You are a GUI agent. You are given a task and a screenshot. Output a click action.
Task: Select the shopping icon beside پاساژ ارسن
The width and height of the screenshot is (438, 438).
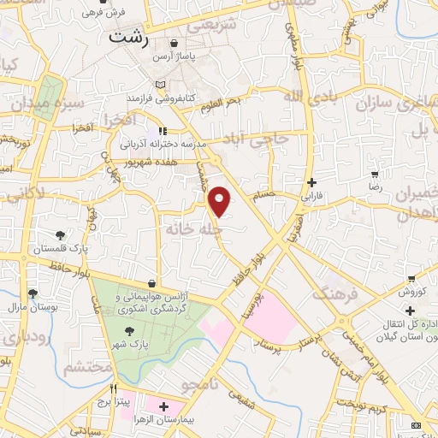tap(174, 43)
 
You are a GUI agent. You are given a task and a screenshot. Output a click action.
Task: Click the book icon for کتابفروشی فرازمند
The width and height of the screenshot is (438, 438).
tap(160, 86)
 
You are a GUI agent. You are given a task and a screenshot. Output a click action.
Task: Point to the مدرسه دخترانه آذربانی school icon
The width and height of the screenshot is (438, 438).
tap(163, 131)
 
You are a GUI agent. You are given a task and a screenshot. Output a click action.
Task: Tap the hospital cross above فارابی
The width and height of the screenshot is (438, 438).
tap(311, 182)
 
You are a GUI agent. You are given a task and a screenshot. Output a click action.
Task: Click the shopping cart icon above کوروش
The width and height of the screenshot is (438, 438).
tap(411, 279)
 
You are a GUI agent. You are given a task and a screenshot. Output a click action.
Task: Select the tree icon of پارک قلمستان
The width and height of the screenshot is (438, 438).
tap(60, 235)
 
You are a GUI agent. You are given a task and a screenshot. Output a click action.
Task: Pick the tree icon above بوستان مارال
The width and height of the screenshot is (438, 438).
tap(33, 293)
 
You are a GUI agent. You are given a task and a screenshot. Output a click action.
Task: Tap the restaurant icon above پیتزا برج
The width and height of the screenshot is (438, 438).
tap(102, 388)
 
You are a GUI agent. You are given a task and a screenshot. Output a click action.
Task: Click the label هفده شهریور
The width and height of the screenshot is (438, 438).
tap(147, 161)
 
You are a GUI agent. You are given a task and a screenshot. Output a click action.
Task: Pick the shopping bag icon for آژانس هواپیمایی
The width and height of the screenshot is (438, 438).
tap(151, 282)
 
